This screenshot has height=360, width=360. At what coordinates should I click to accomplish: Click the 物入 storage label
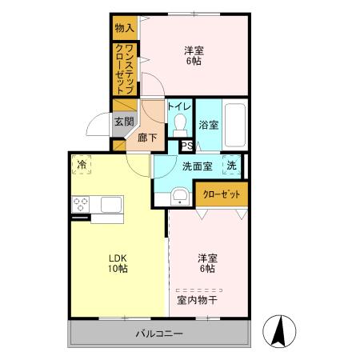pyautogui.click(x=123, y=28)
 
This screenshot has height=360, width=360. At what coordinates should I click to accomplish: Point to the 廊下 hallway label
pyautogui.click(x=148, y=137)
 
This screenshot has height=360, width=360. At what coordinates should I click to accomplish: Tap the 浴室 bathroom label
pyautogui.click(x=209, y=124)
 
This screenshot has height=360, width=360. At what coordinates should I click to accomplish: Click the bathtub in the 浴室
pyautogui.click(x=235, y=125)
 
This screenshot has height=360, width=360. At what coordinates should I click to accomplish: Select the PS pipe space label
pyautogui.click(x=185, y=146)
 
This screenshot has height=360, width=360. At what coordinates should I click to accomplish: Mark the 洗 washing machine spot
pyautogui.click(x=231, y=166)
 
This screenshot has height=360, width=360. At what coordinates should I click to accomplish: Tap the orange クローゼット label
pyautogui.click(x=221, y=194)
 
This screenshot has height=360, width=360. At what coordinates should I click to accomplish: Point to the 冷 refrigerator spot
pyautogui.click(x=82, y=165)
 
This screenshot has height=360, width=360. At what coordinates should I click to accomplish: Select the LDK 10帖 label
pyautogui.click(x=117, y=263)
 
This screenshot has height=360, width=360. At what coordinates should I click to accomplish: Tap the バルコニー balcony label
pyautogui.click(x=158, y=333)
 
